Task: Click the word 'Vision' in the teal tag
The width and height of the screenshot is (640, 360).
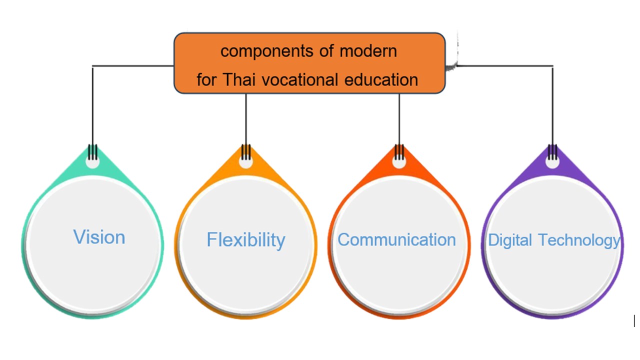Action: tap(99, 237)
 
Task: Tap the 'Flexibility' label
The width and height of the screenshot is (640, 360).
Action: tap(245, 240)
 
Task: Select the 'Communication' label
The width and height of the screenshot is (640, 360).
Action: tap(396, 239)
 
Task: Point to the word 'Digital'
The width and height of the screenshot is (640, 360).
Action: tap(509, 240)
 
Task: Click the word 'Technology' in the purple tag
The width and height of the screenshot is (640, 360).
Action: tap(579, 240)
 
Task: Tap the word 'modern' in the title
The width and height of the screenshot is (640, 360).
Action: tap(368, 51)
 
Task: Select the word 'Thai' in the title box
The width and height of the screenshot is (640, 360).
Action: tap(239, 79)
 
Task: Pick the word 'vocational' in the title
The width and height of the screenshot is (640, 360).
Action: tap(300, 79)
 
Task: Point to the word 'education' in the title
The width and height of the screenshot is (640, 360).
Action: tap(381, 79)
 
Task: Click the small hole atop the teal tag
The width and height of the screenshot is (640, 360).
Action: tap(92, 161)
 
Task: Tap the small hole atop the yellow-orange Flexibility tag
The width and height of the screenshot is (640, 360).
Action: tap(245, 161)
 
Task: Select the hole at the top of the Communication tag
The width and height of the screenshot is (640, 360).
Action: tap(399, 161)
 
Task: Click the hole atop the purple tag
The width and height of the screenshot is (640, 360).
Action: tap(552, 161)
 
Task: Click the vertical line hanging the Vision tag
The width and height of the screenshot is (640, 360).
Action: tap(92, 113)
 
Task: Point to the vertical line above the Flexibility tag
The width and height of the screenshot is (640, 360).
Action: tap(246, 126)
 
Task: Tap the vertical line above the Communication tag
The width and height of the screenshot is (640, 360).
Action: tap(399, 126)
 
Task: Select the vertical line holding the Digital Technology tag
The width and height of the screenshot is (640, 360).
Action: tap(552, 113)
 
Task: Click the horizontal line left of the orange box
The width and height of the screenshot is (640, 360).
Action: tap(133, 66)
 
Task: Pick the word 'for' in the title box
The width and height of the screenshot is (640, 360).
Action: tap(206, 79)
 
